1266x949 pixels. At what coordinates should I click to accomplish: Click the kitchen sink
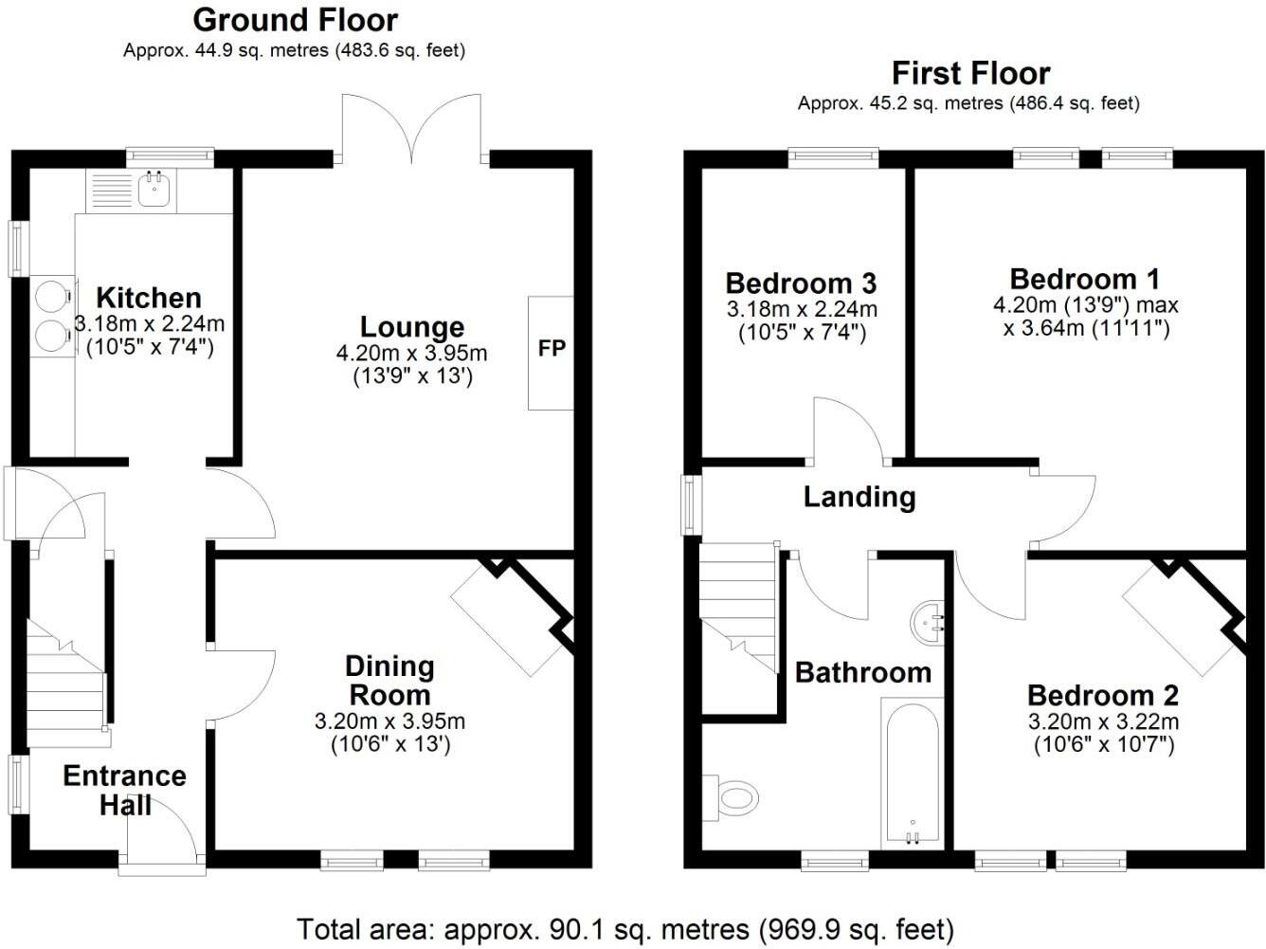(x=154, y=190)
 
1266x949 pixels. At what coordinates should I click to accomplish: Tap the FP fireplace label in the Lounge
(x=552, y=349)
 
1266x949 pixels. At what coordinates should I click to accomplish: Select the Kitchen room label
(x=149, y=298)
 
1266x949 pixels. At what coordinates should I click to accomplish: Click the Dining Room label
(x=389, y=680)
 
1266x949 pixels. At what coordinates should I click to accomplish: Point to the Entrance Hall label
(x=124, y=790)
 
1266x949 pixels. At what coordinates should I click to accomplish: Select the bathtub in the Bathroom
(x=912, y=772)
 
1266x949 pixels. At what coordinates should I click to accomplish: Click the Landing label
(x=859, y=497)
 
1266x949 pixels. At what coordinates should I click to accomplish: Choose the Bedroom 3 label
(x=801, y=283)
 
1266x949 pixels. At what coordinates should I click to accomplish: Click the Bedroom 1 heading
(x=1085, y=279)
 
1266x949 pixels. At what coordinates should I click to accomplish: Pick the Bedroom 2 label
(x=1103, y=695)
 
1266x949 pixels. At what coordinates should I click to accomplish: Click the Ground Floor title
(x=296, y=20)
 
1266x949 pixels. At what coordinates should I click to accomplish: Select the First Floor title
(x=970, y=73)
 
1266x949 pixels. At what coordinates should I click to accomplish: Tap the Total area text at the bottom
(x=625, y=928)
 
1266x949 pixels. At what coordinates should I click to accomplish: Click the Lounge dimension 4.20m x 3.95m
(x=411, y=354)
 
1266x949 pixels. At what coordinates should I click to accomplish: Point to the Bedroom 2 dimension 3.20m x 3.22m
(x=1103, y=721)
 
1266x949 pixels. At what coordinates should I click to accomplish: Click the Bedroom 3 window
(x=833, y=157)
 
